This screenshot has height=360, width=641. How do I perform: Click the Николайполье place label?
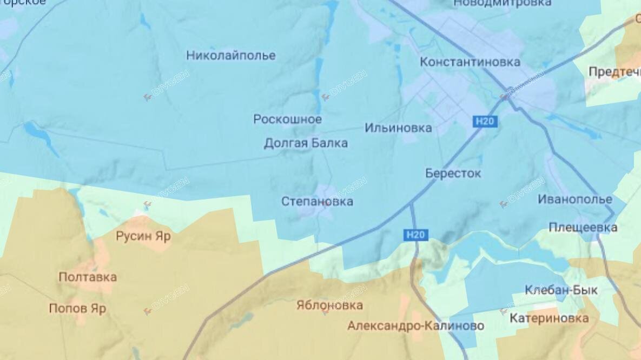coord(231,56)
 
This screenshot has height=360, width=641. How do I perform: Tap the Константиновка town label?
coord(470,62)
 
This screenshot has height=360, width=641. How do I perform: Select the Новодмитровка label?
coord(503,3)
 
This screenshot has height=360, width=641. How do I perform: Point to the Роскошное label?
coord(288,119)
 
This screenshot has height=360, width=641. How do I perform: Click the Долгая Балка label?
coord(306,143)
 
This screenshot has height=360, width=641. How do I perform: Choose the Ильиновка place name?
coord(398,128)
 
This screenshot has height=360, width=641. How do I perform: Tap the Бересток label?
coord(453,174)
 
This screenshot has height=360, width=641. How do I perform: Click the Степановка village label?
coord(317,202)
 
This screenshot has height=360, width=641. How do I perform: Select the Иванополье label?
coord(574,199)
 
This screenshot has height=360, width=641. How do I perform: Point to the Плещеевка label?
coord(583,228)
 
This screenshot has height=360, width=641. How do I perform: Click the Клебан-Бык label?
coord(561,290)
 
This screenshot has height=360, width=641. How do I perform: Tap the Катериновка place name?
coord(549,318)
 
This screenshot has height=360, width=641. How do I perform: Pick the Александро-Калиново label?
coord(415,326)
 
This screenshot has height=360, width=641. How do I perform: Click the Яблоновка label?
coord(329,305)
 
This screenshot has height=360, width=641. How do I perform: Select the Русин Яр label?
coord(143,236)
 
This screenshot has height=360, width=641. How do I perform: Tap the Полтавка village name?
coord(88,277)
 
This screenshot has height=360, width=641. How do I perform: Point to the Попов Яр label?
coord(77,309)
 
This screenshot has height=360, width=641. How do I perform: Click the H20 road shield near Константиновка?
coord(485,122)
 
